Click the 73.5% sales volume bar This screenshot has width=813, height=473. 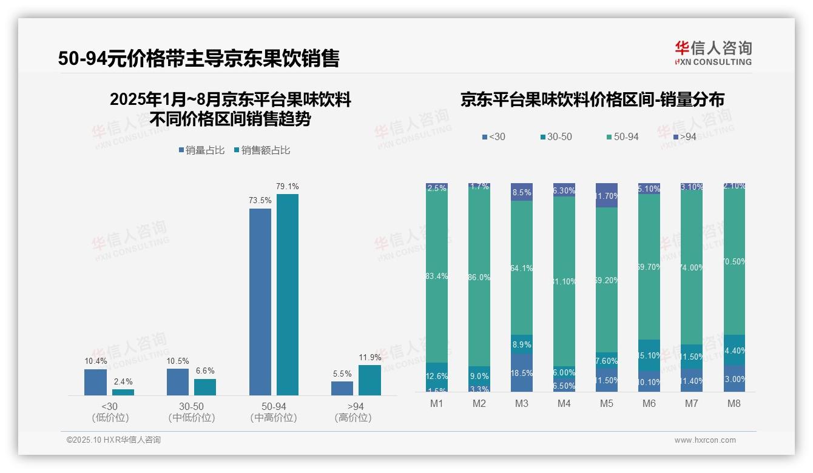[260, 302]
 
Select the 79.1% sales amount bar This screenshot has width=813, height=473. [288, 295]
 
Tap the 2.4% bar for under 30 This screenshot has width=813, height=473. [123, 392]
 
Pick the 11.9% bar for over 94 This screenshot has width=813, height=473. [369, 380]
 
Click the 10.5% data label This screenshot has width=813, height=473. [178, 361]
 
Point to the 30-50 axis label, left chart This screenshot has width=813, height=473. [191, 406]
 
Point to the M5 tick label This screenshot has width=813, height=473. [607, 403]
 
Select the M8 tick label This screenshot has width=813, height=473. [734, 403]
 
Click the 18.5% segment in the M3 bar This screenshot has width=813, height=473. [522, 373]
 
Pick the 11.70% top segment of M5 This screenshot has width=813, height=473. [607, 195]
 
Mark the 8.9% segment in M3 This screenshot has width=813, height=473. [522, 344]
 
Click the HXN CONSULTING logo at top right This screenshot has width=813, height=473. [713, 53]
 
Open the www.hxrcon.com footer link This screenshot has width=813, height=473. [705, 440]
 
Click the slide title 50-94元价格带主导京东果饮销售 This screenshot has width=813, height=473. [198, 58]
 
